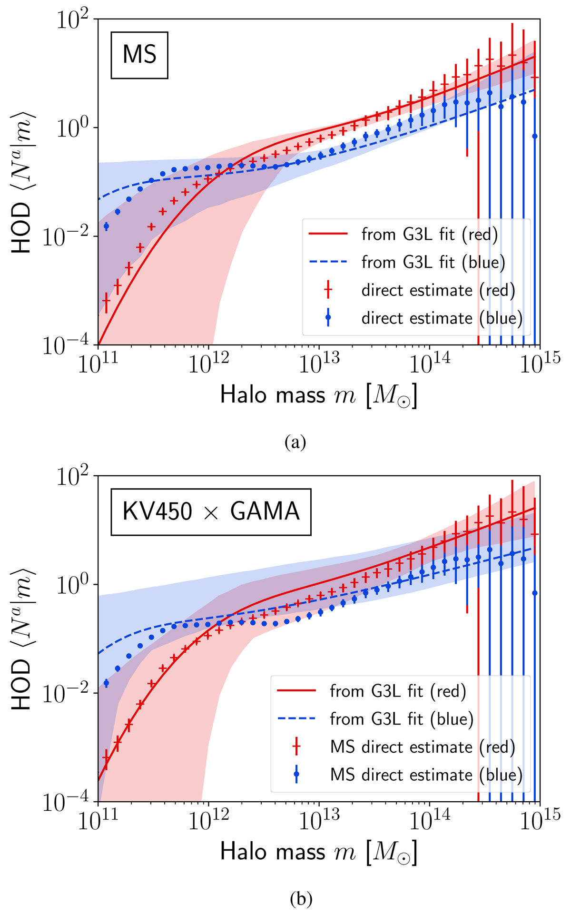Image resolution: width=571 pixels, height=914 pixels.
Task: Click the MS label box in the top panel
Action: pos(139,55)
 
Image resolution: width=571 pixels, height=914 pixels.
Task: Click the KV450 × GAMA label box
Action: pos(211,512)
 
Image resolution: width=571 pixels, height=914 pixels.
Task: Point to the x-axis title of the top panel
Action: pos(318,395)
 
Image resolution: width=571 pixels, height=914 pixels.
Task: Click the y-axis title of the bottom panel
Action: pos(22,639)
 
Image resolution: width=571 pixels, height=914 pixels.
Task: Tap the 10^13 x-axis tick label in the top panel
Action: pos(318,365)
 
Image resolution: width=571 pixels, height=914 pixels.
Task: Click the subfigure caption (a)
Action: pos(295,442)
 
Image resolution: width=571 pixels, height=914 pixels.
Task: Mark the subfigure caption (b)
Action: pos(301,899)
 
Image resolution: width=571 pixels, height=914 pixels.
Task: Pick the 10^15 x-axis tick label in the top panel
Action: pos(540,365)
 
